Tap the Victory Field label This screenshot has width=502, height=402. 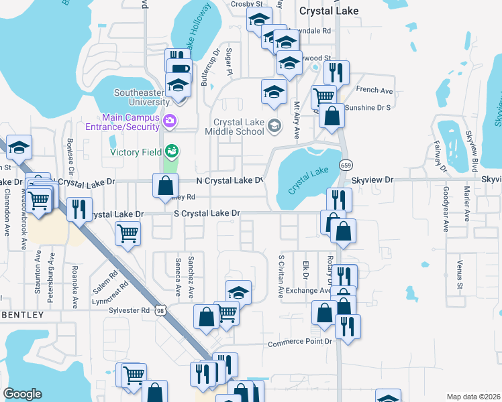point(136,152)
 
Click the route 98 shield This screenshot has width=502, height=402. point(160,311)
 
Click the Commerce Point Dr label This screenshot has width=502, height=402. point(300,342)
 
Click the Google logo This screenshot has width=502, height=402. point(22,394)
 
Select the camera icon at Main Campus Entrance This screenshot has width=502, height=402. point(170,121)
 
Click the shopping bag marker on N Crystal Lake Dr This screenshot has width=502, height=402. point(165,185)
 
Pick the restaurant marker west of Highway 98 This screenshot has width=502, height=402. point(80,208)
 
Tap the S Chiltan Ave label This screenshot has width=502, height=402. point(281,276)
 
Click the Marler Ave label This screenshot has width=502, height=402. point(466,205)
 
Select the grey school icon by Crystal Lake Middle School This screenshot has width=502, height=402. point(274,125)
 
